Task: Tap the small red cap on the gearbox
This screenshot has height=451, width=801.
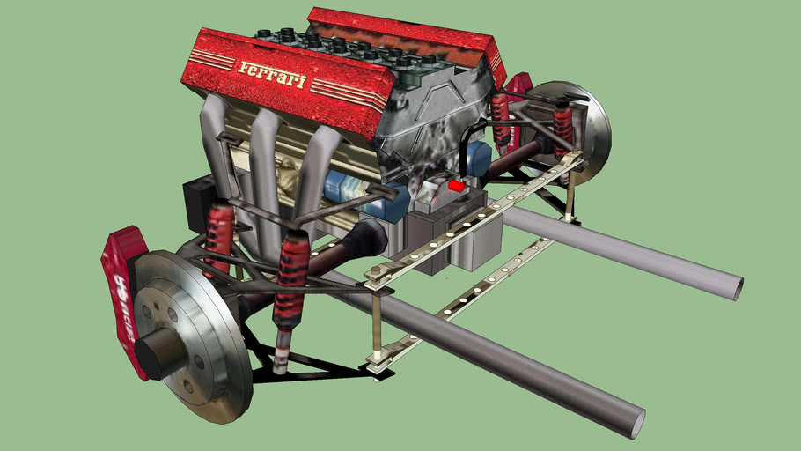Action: (x=455, y=186)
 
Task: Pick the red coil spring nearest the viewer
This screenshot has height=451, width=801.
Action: (x=290, y=282)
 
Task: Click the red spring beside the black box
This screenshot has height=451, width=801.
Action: (x=219, y=233)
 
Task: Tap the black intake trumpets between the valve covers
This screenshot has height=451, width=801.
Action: (x=352, y=48)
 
